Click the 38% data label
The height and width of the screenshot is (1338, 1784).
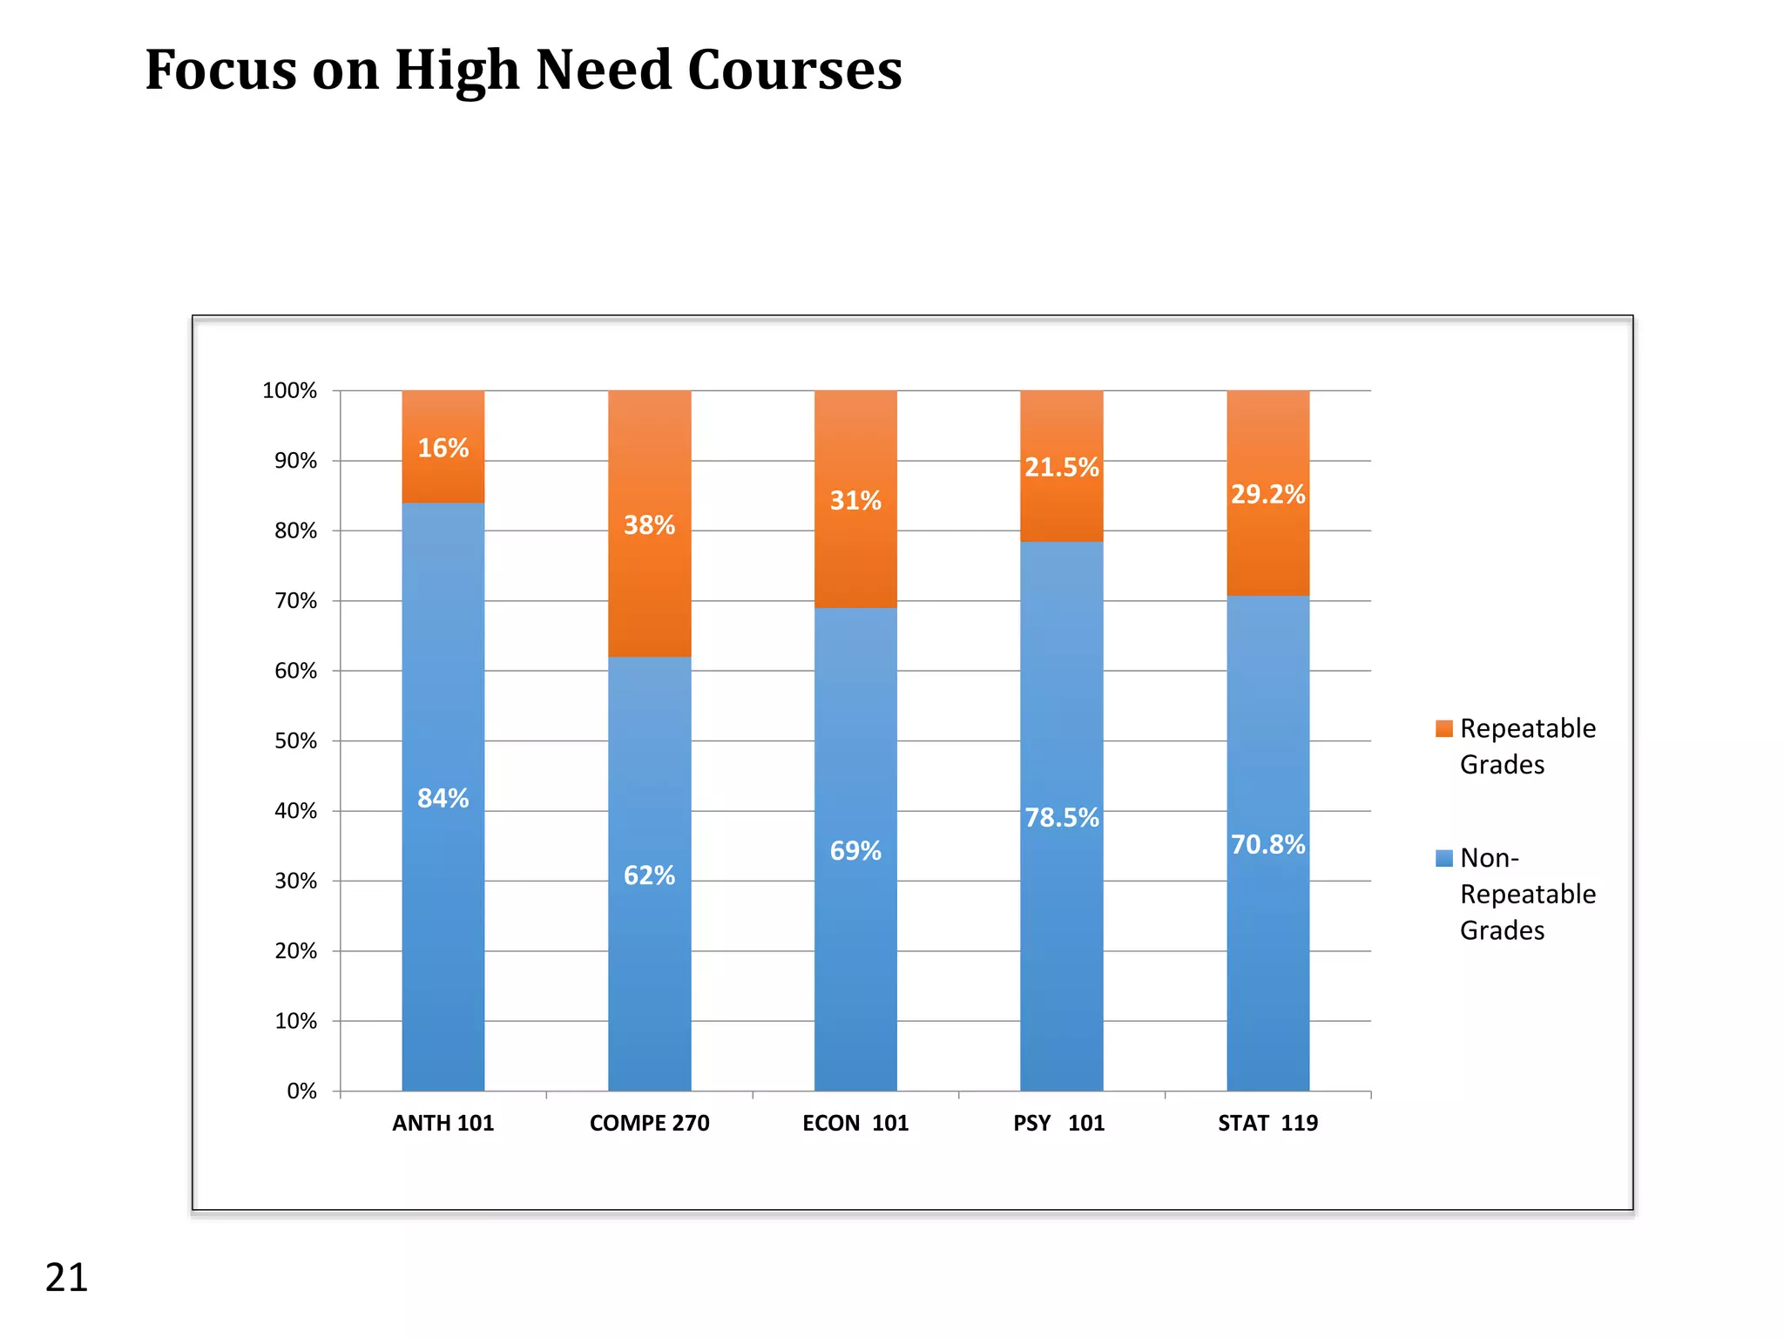(x=649, y=525)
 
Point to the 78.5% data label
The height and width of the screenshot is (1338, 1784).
(x=1061, y=818)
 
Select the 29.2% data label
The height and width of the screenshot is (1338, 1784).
(x=1267, y=495)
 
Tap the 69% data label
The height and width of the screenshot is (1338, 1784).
(x=855, y=851)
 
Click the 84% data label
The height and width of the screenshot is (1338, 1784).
(x=443, y=798)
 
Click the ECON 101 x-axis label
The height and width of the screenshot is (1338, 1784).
(x=855, y=1124)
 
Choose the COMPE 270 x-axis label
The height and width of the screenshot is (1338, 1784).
(x=649, y=1124)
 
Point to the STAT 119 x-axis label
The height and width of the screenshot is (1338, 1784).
(x=1267, y=1124)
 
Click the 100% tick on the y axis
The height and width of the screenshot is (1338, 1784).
(x=289, y=391)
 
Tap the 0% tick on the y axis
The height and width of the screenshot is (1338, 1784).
(x=301, y=1091)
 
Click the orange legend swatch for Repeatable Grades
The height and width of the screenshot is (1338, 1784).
(x=1443, y=729)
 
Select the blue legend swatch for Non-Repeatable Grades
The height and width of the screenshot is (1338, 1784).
(x=1443, y=859)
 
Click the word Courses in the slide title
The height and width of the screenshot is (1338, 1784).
(x=794, y=70)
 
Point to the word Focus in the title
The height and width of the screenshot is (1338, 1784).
(x=220, y=70)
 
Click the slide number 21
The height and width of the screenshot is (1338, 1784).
(x=66, y=1278)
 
